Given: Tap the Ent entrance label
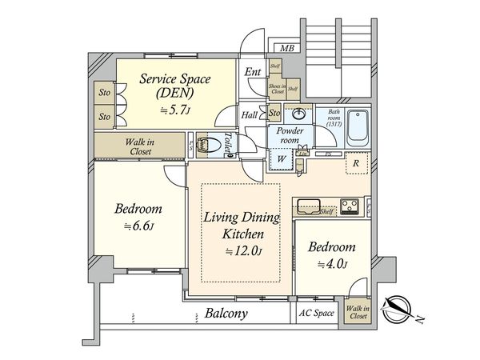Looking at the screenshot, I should pos(253,72).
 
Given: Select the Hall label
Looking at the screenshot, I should pos(250,115).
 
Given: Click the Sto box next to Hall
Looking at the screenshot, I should pos(275,113).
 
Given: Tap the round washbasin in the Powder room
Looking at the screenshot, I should pos(301,114).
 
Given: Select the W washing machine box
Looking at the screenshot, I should pos(282,158).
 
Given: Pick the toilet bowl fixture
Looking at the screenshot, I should pos(210,145).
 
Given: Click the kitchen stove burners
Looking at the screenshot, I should pos(351,206).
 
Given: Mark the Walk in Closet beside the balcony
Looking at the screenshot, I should pos(358,311).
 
